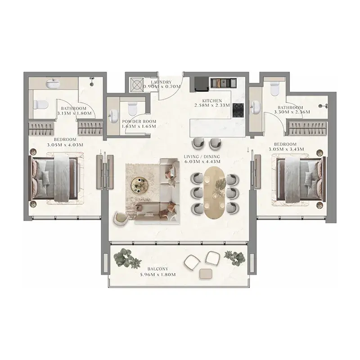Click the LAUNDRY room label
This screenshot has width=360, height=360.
161,82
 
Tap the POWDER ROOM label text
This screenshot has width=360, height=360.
139,121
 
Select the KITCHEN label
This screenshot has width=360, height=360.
212,101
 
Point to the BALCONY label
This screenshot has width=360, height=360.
158,269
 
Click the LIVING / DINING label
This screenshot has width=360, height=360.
202,157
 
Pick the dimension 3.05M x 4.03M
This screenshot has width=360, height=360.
65,145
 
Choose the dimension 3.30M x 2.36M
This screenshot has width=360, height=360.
292,112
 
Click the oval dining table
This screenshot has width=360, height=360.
215,193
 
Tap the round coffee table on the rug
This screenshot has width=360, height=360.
139,185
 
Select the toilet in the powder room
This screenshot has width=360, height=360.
132,109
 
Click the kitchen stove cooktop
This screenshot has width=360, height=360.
238,110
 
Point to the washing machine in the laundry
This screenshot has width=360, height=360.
137,85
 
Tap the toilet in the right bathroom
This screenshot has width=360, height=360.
275,89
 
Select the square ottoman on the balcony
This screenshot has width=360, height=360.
207,274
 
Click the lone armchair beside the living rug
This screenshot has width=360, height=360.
121,219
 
